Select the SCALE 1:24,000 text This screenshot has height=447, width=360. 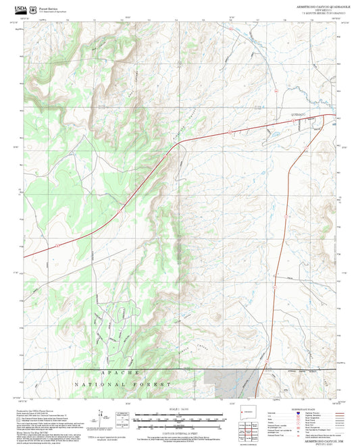pyautogui.click(x=180, y=408)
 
